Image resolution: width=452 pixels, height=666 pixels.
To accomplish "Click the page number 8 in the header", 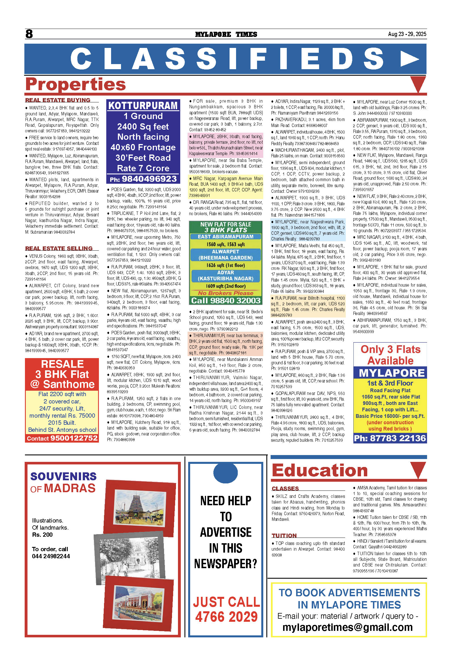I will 29,34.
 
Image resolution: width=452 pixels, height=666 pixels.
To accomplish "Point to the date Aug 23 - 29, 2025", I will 407,34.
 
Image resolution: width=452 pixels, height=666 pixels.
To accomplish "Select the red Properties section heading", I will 76,84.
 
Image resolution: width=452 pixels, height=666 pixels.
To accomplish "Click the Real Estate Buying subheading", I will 58,100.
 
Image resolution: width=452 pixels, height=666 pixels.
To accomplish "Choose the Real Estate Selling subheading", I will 59,248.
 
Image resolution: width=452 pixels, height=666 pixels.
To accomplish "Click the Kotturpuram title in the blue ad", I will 143,105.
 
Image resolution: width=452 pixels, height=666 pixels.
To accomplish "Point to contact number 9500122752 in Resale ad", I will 74,438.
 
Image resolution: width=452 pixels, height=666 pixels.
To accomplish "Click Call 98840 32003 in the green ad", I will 226,300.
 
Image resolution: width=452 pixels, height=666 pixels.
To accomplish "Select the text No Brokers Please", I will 226,293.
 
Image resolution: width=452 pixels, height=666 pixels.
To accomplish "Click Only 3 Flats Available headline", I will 390,355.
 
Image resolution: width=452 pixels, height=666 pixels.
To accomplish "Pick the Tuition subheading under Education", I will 284,535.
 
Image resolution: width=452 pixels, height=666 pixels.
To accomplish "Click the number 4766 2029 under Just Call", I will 226,617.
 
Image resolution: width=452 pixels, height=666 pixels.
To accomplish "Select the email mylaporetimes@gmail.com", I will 347,628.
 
